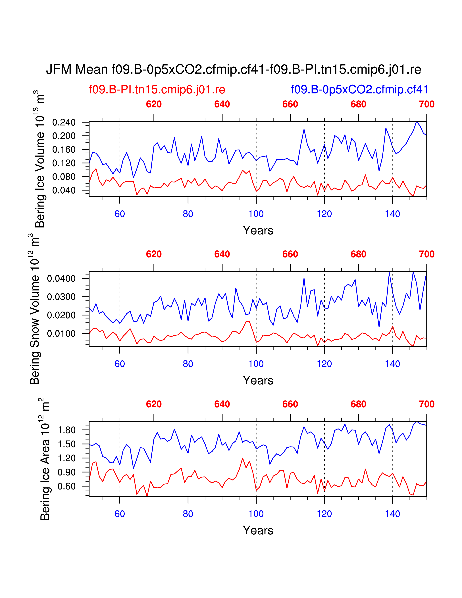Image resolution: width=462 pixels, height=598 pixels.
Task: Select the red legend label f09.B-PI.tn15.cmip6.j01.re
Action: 157,90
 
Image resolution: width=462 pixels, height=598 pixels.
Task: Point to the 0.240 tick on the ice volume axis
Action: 64,122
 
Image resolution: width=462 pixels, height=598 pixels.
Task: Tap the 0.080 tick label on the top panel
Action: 64,177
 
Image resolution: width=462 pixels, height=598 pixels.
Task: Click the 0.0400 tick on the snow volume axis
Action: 61,279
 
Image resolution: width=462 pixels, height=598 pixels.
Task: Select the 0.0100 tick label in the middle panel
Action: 61,333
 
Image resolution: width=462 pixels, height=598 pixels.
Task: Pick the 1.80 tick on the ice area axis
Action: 66,430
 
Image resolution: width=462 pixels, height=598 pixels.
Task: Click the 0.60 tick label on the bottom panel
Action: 66,486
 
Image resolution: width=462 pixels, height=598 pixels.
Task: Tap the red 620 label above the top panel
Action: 154,104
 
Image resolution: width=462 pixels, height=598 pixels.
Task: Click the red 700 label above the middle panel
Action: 426,254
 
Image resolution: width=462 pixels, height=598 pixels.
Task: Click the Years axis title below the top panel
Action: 258,231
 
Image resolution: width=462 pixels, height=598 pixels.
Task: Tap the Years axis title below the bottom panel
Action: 258,530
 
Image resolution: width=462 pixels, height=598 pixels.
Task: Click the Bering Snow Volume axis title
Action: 35,309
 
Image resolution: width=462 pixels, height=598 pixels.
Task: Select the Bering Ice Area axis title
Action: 45,460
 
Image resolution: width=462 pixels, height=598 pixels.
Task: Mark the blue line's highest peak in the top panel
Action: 417,122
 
